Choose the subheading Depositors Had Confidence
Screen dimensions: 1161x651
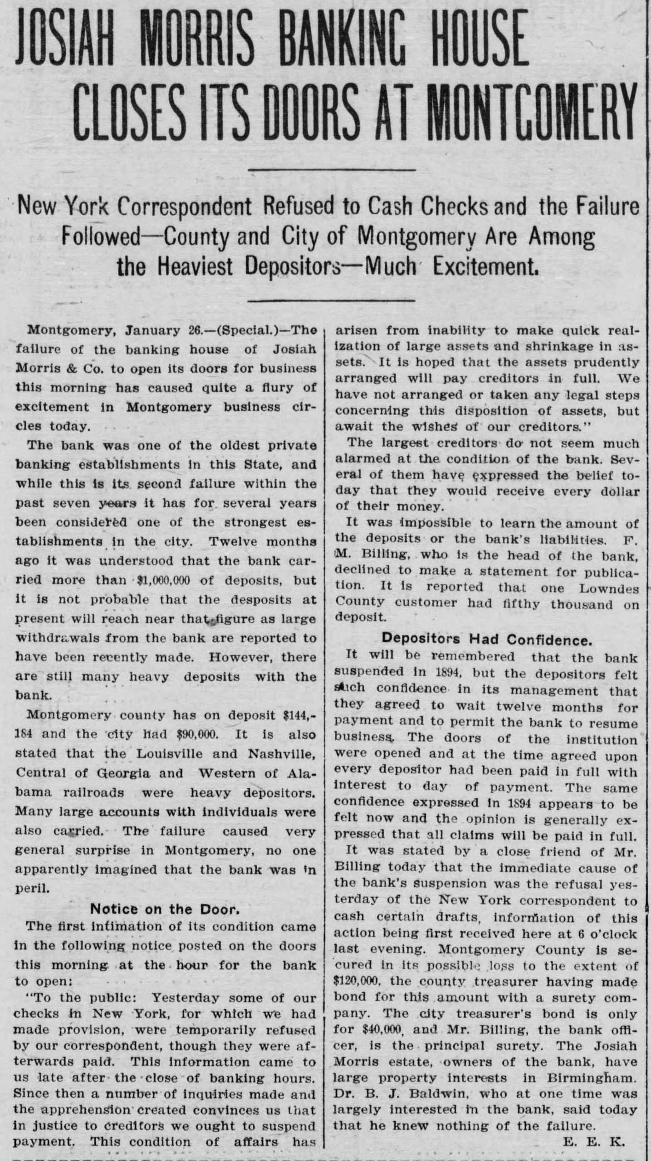click(487, 639)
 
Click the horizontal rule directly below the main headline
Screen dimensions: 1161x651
click(333, 170)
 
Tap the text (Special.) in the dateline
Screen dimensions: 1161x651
click(252, 330)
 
